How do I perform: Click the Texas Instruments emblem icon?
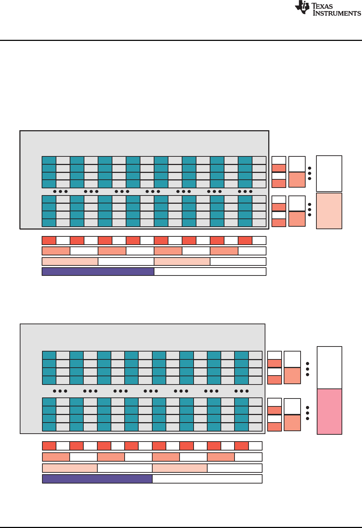[302, 7]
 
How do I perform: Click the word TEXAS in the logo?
[322, 6]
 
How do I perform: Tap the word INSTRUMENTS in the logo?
[337, 13]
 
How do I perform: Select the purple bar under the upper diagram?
[98, 272]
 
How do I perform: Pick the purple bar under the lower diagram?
[97, 479]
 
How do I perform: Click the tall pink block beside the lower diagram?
[329, 411]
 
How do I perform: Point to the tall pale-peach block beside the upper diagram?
[329, 211]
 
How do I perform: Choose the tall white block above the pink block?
[329, 368]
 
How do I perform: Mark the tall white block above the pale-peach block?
[329, 174]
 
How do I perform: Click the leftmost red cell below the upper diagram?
[49, 240]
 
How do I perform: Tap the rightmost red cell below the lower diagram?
[241, 446]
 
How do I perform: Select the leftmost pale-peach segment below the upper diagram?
[70, 261]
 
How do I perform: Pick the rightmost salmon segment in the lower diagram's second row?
[221, 457]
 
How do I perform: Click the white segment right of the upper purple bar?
[210, 272]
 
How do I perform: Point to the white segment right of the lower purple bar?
[207, 479]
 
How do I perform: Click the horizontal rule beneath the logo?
[181, 40]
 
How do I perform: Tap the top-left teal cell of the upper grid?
[49, 160]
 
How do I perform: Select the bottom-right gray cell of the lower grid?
[255, 427]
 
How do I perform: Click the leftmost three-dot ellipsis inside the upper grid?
[60, 192]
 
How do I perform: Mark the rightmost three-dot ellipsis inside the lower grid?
[241, 391]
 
